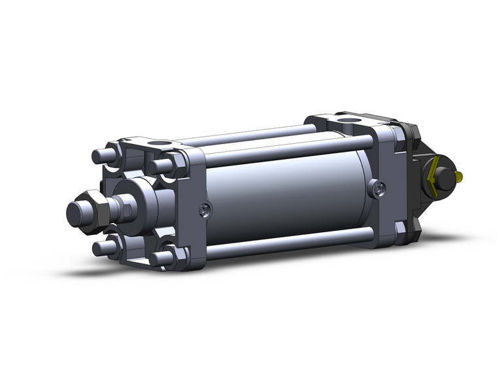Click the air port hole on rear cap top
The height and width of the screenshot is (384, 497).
345,121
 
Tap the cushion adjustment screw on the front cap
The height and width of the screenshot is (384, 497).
205,210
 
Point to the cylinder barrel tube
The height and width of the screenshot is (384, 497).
288,196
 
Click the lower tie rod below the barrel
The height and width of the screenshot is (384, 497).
288,242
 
